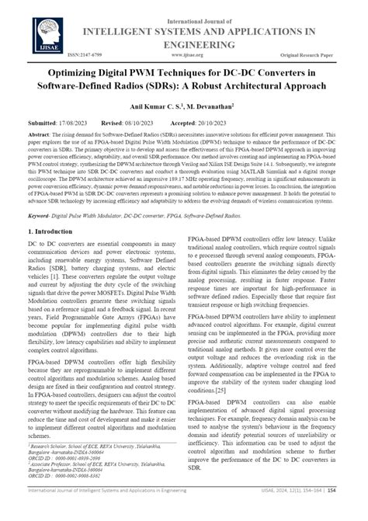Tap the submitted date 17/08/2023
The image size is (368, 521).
[x=72, y=123]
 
